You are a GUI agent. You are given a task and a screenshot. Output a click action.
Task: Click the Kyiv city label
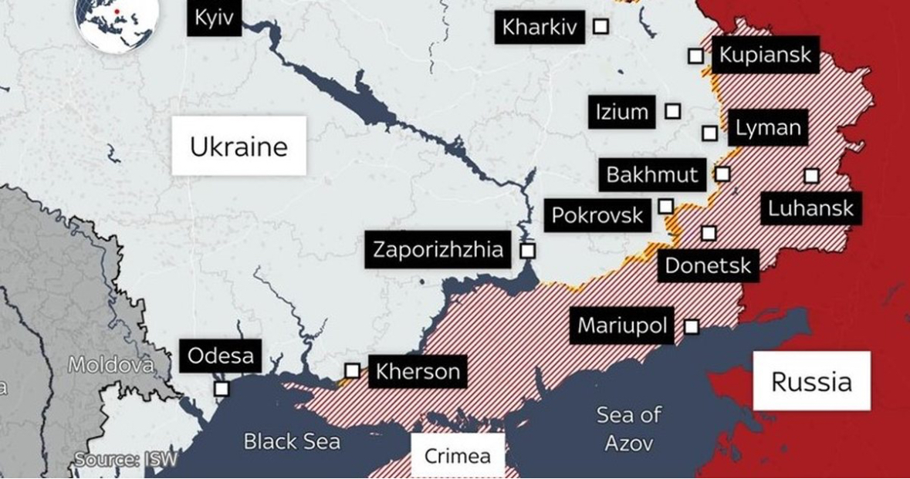214,18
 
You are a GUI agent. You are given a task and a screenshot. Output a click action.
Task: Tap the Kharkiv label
539,28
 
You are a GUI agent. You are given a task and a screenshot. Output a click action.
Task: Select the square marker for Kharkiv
600,27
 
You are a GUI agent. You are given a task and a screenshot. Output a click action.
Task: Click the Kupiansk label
765,55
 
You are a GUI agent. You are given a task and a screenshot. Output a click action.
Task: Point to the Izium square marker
673,111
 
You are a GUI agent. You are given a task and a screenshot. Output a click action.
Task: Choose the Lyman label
768,128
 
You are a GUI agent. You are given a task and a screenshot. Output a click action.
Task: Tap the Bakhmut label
651,174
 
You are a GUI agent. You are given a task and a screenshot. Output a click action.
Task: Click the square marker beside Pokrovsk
665,206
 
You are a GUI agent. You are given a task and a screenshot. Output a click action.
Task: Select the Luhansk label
810,207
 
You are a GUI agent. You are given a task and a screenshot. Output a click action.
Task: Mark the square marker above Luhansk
811,176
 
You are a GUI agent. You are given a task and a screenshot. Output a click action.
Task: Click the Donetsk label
708,266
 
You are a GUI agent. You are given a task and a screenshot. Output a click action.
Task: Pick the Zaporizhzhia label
438,250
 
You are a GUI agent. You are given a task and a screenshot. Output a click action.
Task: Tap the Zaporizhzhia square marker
528,251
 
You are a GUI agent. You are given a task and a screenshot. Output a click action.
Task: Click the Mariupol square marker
692,327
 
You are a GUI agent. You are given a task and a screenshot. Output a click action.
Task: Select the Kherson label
418,372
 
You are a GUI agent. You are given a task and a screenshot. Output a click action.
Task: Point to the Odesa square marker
222,389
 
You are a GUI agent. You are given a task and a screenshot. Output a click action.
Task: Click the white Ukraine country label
238,147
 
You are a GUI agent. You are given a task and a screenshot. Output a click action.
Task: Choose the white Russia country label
811,381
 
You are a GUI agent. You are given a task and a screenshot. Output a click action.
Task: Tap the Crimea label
457,456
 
